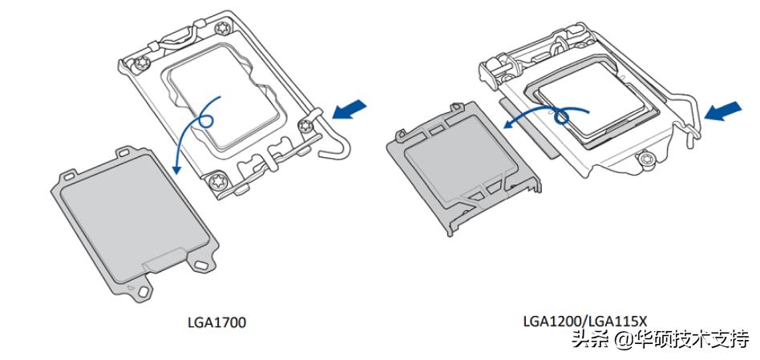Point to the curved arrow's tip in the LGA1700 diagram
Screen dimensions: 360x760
pyautogui.click(x=175, y=170)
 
